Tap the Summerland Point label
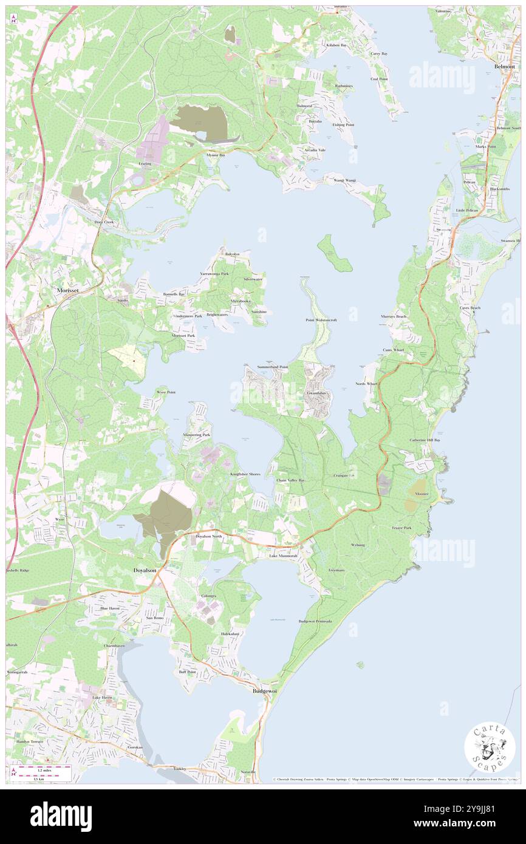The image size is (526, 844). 273,367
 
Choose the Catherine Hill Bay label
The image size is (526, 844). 425,440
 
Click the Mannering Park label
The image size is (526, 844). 198,435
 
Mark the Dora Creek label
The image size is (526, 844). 104,222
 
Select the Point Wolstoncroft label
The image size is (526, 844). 321,319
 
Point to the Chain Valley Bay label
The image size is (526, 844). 291,480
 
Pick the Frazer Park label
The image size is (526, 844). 402,528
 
